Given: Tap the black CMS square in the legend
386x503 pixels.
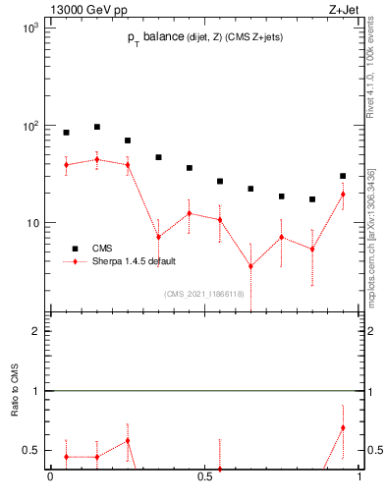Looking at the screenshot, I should (74, 249).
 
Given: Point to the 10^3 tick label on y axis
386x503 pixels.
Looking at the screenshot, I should (29, 29).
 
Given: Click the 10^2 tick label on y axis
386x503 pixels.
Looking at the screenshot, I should (29, 126).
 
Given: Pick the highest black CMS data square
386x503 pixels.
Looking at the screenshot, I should (96, 127).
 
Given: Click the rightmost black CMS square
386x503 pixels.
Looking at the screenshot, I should (343, 176).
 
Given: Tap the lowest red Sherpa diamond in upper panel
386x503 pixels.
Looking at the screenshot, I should (250, 266).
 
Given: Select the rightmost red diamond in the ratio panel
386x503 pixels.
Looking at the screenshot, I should (343, 427).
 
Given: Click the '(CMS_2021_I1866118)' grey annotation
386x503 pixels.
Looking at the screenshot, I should (203, 294).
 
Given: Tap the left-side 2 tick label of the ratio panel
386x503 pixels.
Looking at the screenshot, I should (32, 331).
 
